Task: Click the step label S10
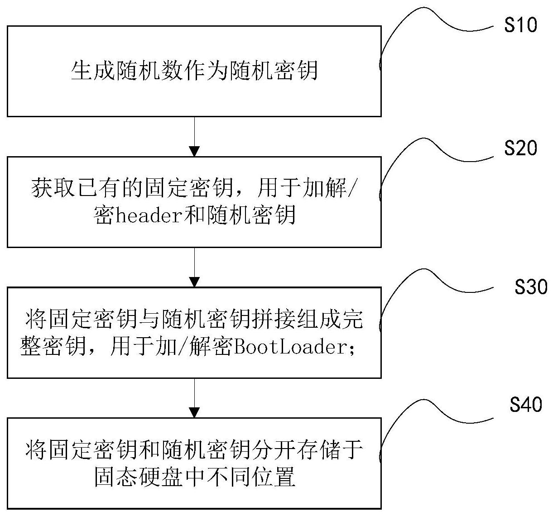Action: pos(520,25)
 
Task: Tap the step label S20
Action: pos(520,148)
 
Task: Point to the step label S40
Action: pos(525,405)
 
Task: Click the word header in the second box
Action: pos(143,215)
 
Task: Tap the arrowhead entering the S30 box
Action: pos(194,282)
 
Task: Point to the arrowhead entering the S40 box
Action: pos(194,412)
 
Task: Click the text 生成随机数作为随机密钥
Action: pos(194,71)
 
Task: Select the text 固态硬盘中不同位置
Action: pos(194,477)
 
